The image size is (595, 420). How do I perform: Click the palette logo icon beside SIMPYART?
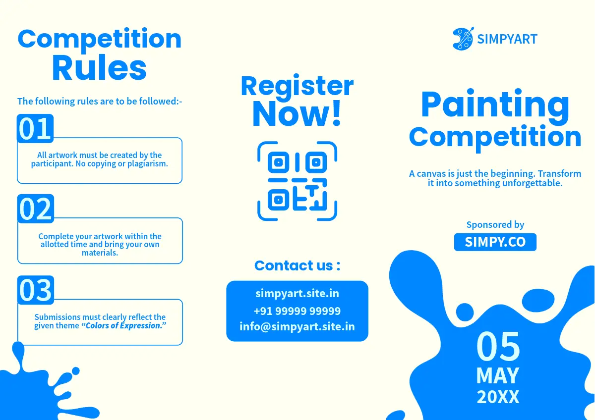[463, 39]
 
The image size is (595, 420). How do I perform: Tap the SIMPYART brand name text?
[507, 39]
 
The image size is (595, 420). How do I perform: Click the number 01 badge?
[35, 129]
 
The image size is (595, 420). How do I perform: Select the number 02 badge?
[36, 209]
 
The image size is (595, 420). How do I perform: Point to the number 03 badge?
[36, 290]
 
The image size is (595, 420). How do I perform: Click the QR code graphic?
[297, 181]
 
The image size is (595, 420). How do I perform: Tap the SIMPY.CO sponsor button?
[495, 242]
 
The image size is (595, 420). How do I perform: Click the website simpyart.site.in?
[297, 293]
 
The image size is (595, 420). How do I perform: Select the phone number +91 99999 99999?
[297, 311]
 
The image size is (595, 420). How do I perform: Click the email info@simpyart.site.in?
[297, 326]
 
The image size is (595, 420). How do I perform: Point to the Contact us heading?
[297, 265]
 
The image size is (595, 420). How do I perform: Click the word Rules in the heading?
[99, 68]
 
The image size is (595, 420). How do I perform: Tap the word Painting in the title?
[495, 105]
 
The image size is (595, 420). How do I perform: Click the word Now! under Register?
[297, 113]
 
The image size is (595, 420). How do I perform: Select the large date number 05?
[498, 347]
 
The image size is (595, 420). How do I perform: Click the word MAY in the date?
[498, 376]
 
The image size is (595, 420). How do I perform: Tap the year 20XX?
[498, 397]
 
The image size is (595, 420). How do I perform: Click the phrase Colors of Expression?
[124, 325]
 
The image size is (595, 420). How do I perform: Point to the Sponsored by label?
[495, 225]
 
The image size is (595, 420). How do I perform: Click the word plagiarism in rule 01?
[147, 164]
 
